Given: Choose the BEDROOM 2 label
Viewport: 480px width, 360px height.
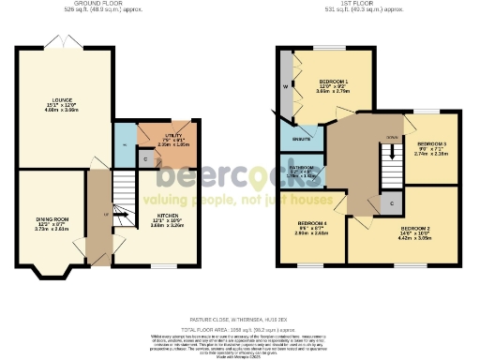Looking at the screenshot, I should tap(414, 228).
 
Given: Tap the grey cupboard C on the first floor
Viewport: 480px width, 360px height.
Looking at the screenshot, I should tap(391, 202).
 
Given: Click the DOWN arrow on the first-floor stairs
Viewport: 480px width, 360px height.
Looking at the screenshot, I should tap(388, 136).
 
